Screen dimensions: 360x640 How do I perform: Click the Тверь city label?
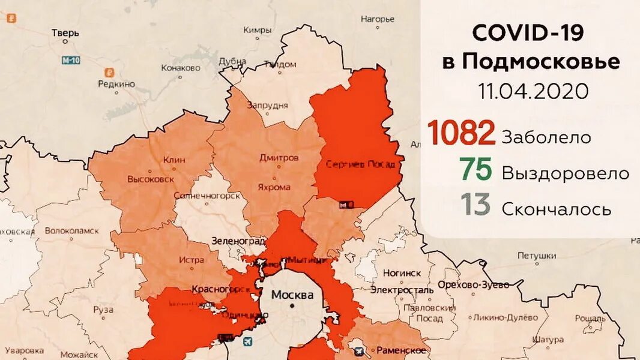pyautogui.click(x=65, y=33)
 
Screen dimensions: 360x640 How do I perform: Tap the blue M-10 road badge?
pyautogui.click(x=71, y=60)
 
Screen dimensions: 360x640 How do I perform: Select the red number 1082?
pyautogui.click(x=461, y=133)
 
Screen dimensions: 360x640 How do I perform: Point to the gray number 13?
pyautogui.click(x=476, y=205)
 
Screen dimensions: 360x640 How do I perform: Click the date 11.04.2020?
pyautogui.click(x=533, y=92)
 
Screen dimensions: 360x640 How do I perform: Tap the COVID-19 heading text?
pyautogui.click(x=528, y=33)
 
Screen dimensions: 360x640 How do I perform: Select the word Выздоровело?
pyautogui.click(x=565, y=173)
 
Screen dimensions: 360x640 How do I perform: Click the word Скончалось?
pyautogui.click(x=556, y=209)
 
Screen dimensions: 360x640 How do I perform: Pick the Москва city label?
pyautogui.click(x=292, y=295)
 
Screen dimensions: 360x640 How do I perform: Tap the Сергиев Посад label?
pyautogui.click(x=360, y=164)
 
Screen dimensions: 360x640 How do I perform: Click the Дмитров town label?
pyautogui.click(x=279, y=158)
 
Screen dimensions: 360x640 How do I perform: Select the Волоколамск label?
pyautogui.click(x=71, y=229)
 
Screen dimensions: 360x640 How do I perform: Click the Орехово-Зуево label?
pyautogui.click(x=473, y=284)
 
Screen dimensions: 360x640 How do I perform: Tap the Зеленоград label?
pyautogui.click(x=238, y=241)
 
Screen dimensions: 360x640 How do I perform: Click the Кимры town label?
pyautogui.click(x=257, y=29)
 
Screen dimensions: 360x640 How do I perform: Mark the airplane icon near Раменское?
pyautogui.click(x=359, y=350)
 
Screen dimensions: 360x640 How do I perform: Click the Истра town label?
pyautogui.click(x=191, y=260)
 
